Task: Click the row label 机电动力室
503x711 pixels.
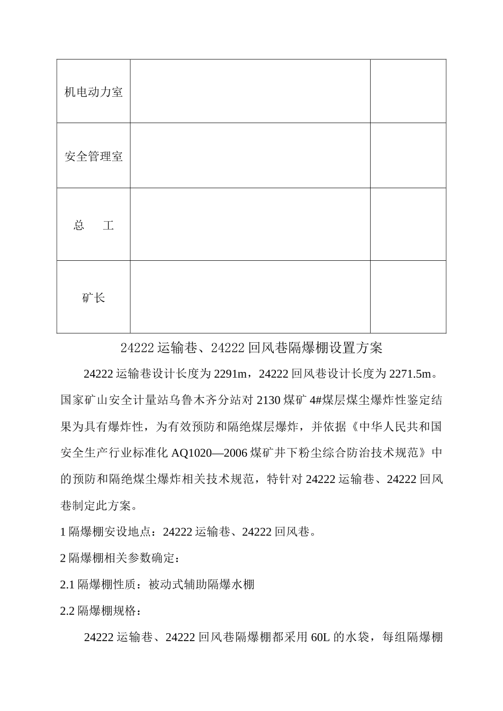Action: [93, 92]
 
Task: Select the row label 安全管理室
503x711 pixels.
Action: [93, 157]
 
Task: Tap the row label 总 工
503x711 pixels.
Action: [93, 225]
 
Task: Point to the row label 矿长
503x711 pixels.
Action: [93, 298]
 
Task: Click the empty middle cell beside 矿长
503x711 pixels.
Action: [250, 297]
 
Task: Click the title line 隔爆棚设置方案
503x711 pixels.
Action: [251, 348]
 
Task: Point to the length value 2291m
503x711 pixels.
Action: [230, 374]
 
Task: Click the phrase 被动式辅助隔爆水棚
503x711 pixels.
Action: [202, 584]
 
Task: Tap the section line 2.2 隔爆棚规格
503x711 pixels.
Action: [101, 610]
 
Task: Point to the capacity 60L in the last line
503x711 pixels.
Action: [320, 637]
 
